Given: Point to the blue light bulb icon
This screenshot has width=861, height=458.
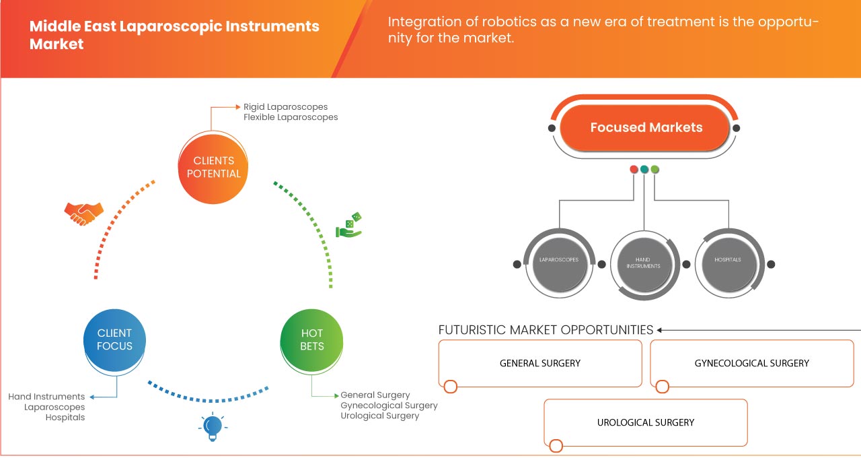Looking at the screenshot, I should (x=213, y=426).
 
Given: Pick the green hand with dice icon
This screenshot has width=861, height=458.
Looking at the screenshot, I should (x=349, y=226).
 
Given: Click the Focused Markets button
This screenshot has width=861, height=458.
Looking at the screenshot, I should (x=646, y=127).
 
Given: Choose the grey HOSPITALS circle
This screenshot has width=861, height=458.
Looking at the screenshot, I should (x=728, y=260).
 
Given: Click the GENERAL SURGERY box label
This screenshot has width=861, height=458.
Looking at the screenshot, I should (x=539, y=363).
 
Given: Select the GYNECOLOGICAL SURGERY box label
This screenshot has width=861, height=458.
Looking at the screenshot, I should (x=751, y=363).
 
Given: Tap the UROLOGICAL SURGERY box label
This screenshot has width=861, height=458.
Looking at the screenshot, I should (x=645, y=422).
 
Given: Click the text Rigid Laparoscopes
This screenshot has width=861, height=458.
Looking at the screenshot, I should (x=286, y=106).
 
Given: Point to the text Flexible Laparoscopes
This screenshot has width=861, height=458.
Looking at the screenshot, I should (x=291, y=117).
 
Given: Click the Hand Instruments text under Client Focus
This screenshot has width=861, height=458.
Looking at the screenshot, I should (x=46, y=397).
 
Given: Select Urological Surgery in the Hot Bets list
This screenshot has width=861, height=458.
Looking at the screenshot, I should (x=379, y=416).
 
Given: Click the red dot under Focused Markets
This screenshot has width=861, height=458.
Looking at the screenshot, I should (x=634, y=169).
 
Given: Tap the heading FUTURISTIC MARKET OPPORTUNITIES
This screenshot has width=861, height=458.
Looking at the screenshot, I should (x=546, y=330).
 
